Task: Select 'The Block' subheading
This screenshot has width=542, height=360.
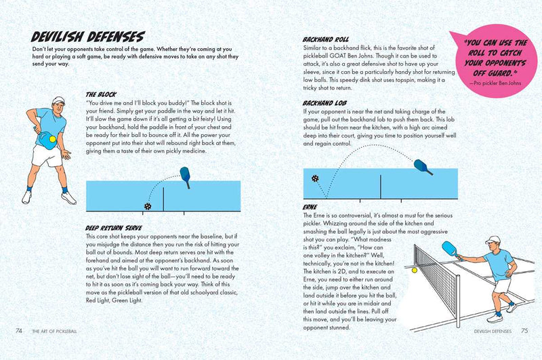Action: pyautogui.click(x=102, y=94)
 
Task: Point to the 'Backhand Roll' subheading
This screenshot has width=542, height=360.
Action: pyautogui.click(x=326, y=41)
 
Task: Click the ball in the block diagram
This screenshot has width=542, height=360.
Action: pyautogui.click(x=147, y=206)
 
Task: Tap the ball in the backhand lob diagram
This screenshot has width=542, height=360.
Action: pyautogui.click(x=316, y=178)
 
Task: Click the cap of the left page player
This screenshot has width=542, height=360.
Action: pyautogui.click(x=58, y=100)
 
